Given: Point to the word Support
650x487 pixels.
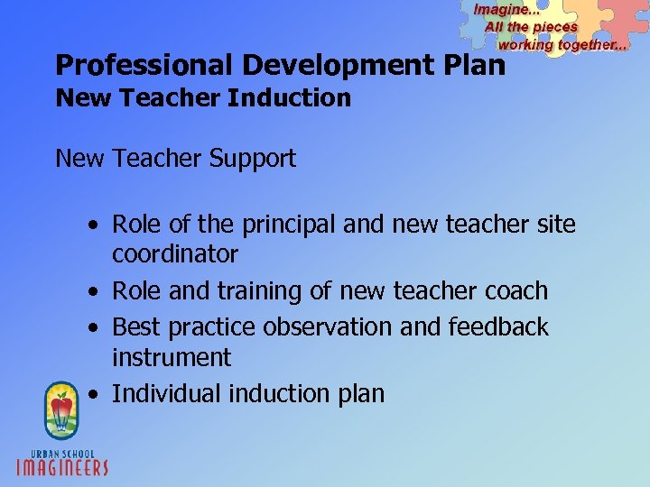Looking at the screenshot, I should pos(253,160).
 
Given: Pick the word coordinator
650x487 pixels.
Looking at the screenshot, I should pos(175,254).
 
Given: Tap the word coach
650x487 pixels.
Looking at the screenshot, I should pos(515,291).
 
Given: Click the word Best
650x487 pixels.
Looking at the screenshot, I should pos(135,326).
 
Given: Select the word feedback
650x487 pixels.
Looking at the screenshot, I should pos(498,326).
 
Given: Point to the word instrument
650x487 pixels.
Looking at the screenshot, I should pos(172,357).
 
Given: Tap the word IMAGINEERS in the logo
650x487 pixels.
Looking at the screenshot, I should pos(63,466).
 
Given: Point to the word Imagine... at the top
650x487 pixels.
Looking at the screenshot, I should pos(506,9).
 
